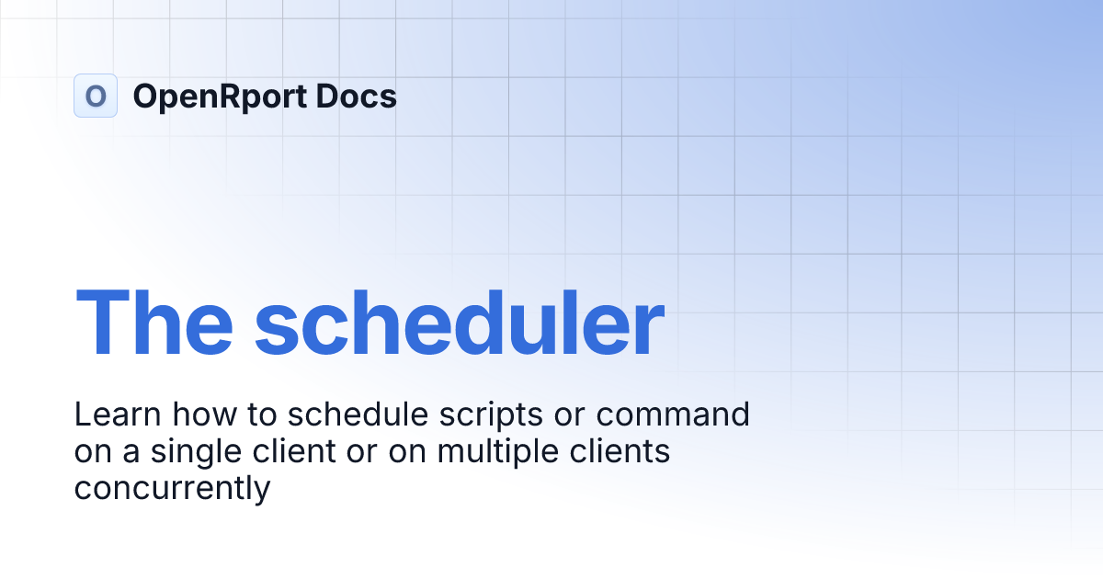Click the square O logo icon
pyautogui.click(x=96, y=96)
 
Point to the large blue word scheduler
pyautogui.click(x=460, y=323)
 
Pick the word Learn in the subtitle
pyautogui.click(x=115, y=414)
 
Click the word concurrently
pyautogui.click(x=172, y=488)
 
